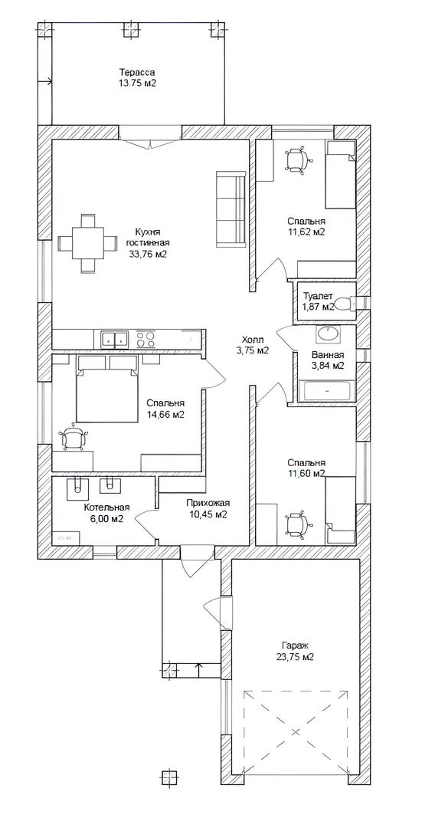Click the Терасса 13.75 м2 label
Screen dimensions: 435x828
(137, 77)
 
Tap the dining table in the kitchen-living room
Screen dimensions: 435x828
(87, 244)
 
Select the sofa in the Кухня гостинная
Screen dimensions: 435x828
(231, 209)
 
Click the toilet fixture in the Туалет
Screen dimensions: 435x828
(345, 304)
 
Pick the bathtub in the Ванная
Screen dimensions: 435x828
(326, 391)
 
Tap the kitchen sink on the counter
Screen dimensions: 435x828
(115, 339)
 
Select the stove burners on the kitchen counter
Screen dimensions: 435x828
(146, 339)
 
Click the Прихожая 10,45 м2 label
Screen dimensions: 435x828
(208, 509)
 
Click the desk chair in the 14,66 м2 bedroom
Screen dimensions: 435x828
(73, 438)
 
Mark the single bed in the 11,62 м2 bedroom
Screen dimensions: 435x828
(340, 174)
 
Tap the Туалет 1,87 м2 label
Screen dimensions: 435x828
(318, 301)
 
